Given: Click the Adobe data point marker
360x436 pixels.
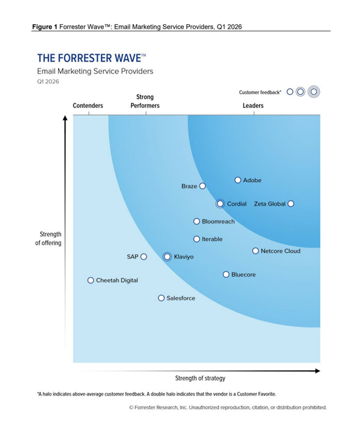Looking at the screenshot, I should [238, 180].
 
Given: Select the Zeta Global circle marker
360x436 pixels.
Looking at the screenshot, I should [291, 204].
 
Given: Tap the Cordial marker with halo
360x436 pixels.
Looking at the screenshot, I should [221, 204].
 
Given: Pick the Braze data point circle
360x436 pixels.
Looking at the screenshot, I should [203, 186].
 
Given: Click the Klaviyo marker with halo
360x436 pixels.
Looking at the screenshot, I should [168, 257].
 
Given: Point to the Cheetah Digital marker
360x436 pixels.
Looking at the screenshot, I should [91, 280].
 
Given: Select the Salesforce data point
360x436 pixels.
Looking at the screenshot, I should [161, 298].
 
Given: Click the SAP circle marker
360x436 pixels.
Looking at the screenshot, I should [144, 257].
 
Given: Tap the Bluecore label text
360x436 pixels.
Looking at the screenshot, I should [243, 275].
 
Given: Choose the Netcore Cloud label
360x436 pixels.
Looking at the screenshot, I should [280, 251].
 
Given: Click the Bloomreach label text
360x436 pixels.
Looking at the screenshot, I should [218, 222].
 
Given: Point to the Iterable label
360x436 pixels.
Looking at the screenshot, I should [212, 239].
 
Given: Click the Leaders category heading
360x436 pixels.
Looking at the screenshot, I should [253, 105].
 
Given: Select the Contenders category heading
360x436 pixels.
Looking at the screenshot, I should [88, 105].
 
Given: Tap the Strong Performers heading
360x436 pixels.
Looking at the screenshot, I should [145, 101].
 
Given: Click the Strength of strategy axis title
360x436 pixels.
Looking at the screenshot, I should [200, 378].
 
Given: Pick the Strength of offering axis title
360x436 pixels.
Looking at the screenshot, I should [48, 239].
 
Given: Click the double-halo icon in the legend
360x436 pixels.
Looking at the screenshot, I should [314, 91].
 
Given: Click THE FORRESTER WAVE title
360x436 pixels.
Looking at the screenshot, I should [91, 58].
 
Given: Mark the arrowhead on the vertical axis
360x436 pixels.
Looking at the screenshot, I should [66, 119].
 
